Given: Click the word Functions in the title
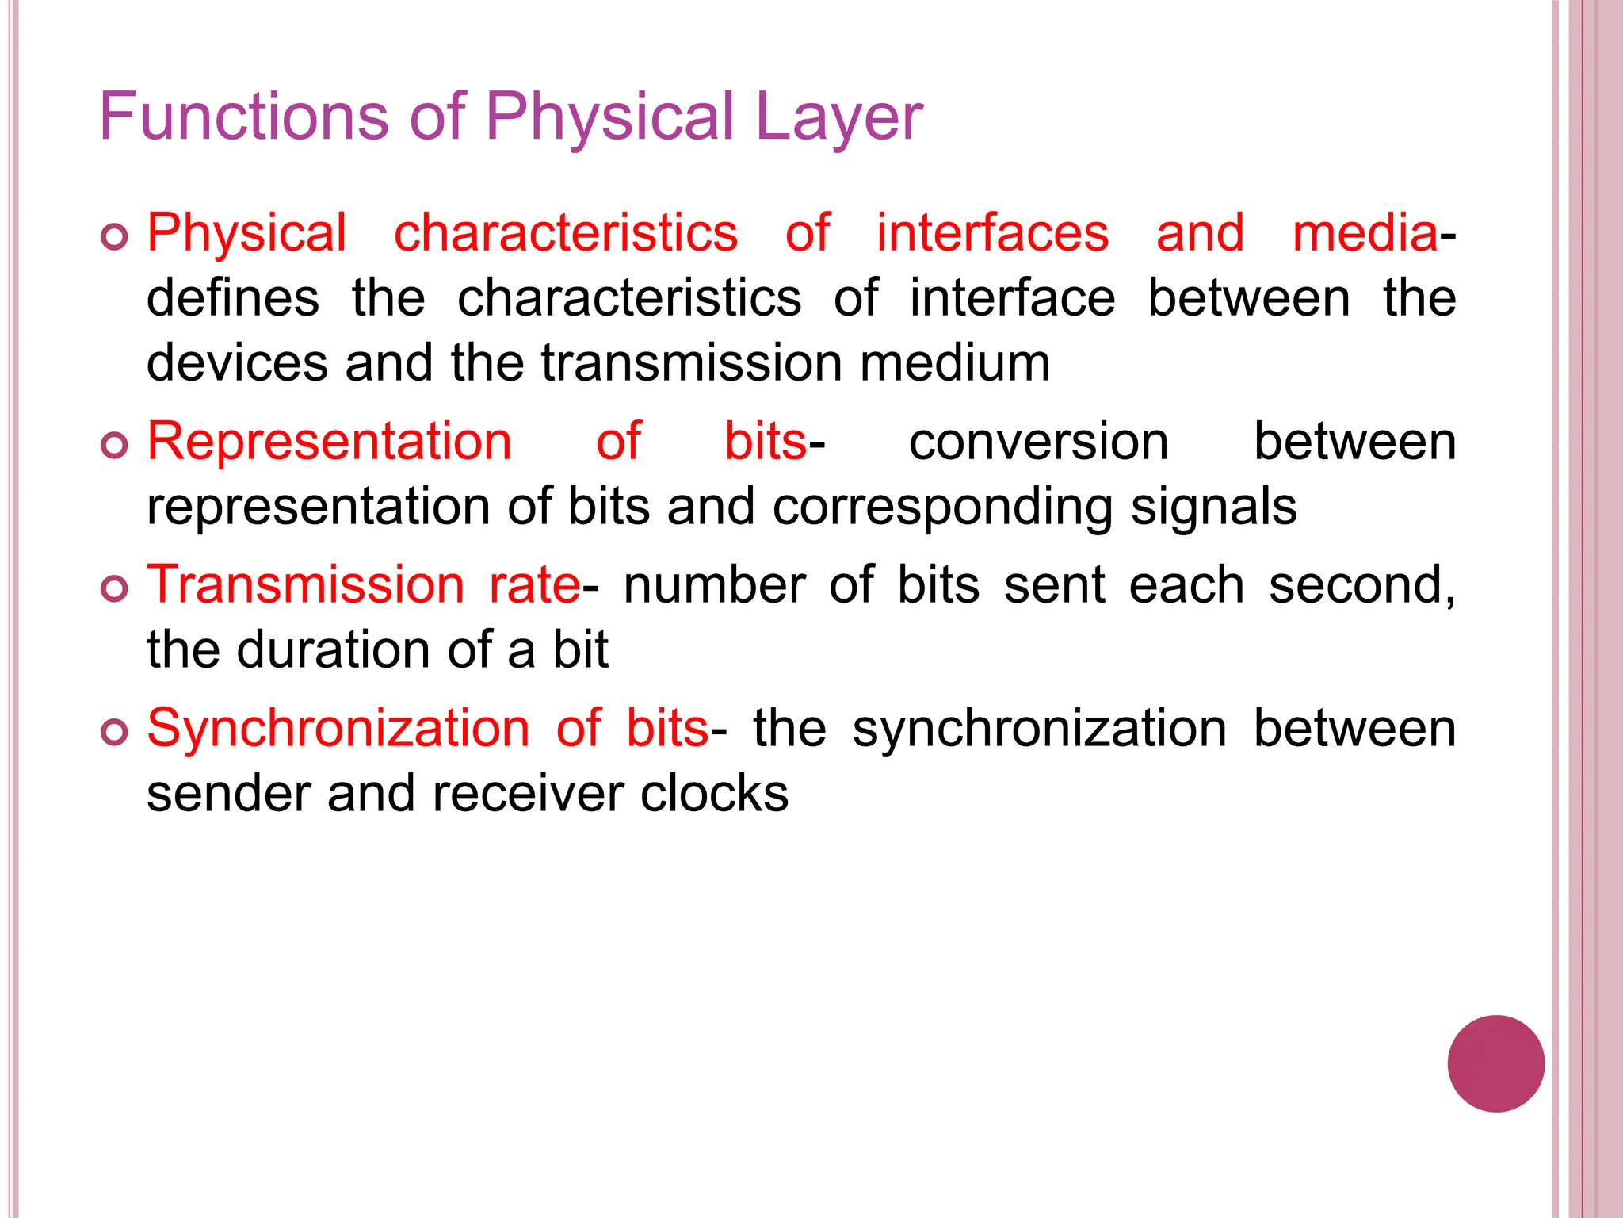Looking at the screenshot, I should click(243, 117).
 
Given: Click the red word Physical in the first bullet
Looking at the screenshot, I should click(246, 234).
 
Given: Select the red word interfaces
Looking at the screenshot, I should click(992, 234).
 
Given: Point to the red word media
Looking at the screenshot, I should click(1365, 234).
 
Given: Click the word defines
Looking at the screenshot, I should click(233, 299).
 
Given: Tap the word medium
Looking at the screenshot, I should click(955, 364).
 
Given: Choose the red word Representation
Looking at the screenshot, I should click(330, 442).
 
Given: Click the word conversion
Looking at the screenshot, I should click(1038, 442).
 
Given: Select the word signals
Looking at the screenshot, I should click(1213, 507).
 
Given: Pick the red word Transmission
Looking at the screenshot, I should click(306, 585).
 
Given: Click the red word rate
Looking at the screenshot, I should click(535, 585).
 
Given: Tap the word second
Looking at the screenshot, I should click(1361, 585).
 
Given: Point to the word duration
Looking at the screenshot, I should click(334, 650).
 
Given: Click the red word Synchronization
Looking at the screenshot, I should click(338, 729).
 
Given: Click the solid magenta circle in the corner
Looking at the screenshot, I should click(1495, 1063).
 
